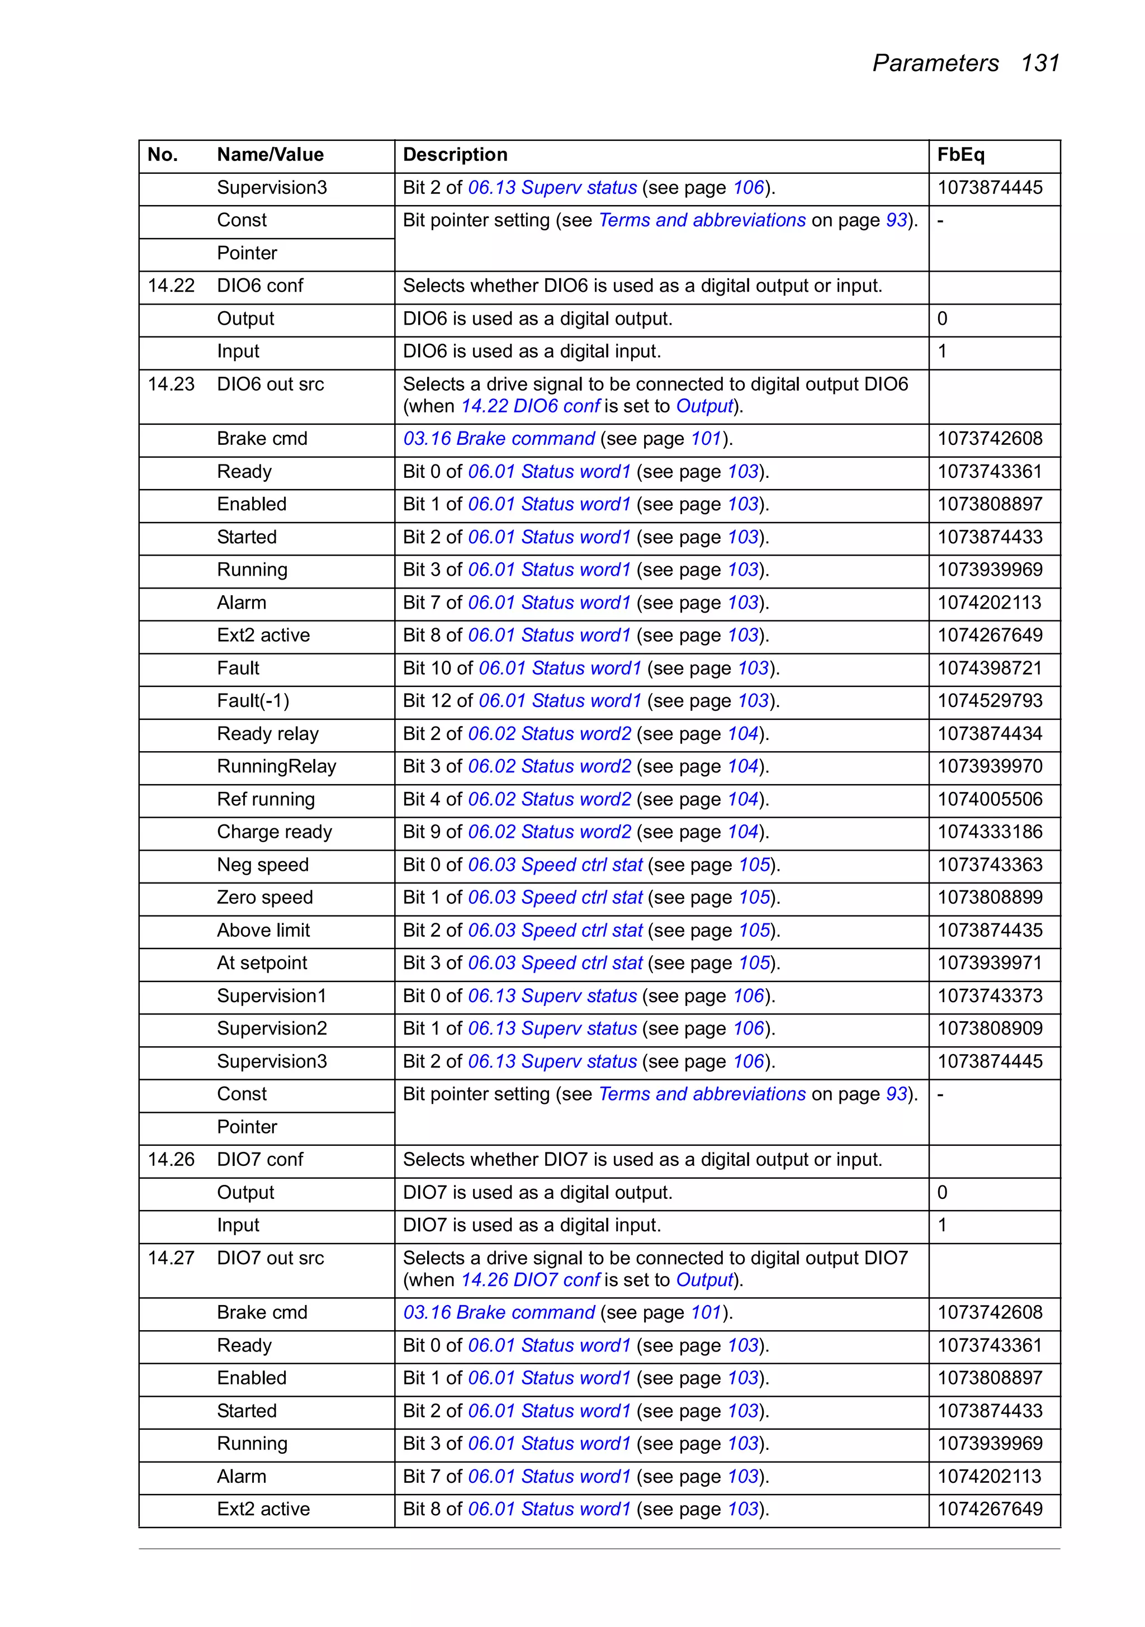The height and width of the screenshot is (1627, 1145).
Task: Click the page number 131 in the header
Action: pos(1039,63)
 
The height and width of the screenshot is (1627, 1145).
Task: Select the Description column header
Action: pos(455,154)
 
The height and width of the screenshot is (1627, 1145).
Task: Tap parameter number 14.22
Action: pos(171,286)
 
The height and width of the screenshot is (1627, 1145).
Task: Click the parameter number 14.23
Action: pos(171,384)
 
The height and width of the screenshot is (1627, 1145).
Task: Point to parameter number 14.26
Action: pos(171,1159)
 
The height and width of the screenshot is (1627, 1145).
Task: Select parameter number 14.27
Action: pos(171,1258)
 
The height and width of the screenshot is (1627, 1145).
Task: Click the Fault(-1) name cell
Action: pos(253,701)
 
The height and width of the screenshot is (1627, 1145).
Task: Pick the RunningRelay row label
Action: pos(277,766)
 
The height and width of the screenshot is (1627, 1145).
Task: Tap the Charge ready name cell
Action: pos(275,832)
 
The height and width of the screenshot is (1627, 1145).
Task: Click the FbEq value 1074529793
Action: pos(990,701)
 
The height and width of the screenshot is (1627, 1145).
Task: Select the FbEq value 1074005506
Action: pos(990,799)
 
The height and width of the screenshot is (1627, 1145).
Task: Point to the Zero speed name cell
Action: pos(264,897)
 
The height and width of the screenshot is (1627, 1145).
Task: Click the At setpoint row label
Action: pos(262,963)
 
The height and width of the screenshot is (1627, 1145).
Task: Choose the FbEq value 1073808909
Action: pos(990,1028)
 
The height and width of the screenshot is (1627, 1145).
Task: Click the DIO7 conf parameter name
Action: pos(259,1159)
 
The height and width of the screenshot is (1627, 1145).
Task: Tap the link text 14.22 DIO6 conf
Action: pos(531,406)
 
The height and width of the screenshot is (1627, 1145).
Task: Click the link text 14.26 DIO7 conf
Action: pos(531,1280)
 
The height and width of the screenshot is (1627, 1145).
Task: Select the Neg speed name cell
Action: pos(262,865)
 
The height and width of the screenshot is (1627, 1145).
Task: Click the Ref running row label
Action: pos(266,799)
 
